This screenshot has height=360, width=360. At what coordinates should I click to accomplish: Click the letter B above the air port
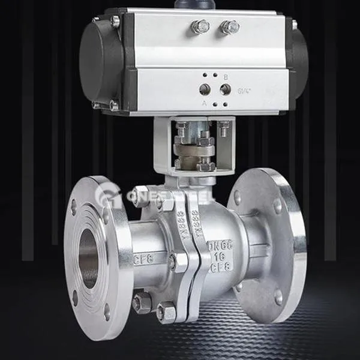pos(226,77)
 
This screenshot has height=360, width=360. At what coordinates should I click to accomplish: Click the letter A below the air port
pos(205,103)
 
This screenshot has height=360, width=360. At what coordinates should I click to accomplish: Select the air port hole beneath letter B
pos(226,89)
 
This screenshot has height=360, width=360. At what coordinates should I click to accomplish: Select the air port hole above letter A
pos(205,89)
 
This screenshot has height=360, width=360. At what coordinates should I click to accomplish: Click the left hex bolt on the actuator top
pos(200,26)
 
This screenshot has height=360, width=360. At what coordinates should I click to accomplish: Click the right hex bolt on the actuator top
pos(229,27)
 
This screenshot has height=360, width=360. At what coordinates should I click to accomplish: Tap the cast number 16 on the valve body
pos(220,257)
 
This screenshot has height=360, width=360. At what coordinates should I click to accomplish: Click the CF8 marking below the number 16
pos(220,268)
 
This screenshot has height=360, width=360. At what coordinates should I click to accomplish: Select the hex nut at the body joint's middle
pos(175,262)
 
